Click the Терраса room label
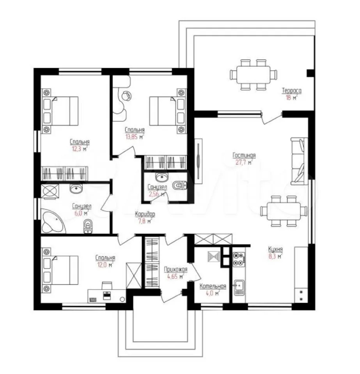pyautogui.click(x=291, y=91)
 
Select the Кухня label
pyautogui.click(x=275, y=249)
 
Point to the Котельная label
pyautogui.click(x=213, y=286)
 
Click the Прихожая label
pyautogui.click(x=176, y=270)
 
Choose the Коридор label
pyautogui.click(x=145, y=214)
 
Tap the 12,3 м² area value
pyautogui.click(x=80, y=149)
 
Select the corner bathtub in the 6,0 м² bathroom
pyautogui.click(x=53, y=221)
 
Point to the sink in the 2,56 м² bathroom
pyautogui.click(x=161, y=177)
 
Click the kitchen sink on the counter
pyautogui.click(x=239, y=288)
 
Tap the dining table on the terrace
pyautogui.click(x=254, y=75)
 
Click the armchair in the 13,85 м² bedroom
pyautogui.click(x=126, y=96)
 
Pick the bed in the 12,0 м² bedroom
pyautogui.click(x=60, y=270)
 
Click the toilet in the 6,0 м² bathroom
pyautogui.click(x=88, y=226)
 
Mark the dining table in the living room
pyautogui.click(x=284, y=211)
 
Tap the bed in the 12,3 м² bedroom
pyautogui.click(x=60, y=111)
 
